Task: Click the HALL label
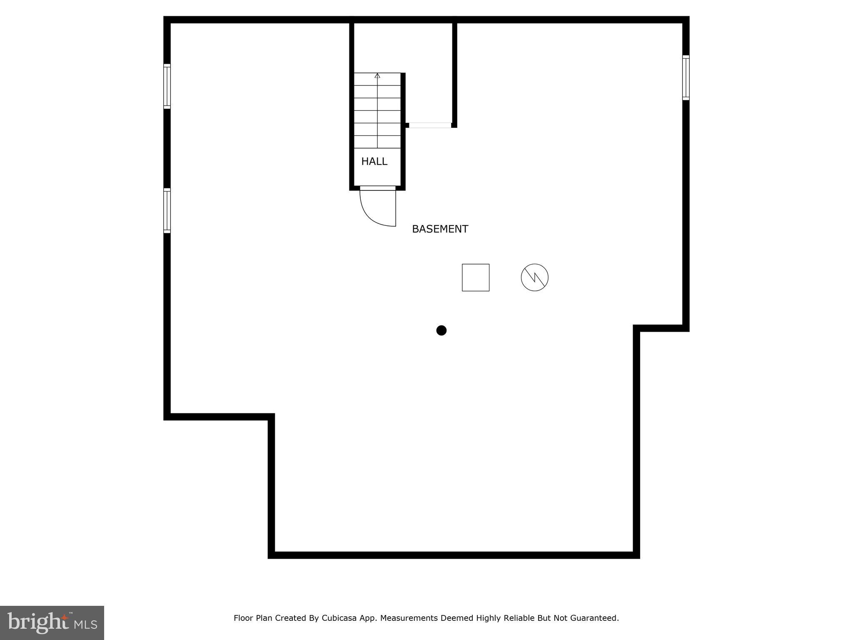374,162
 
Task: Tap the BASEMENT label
440,229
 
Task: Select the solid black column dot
441,330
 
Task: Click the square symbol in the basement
475,277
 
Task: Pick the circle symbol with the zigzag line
534,277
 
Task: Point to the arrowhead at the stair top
377,76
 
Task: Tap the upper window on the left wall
167,86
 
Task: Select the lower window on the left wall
167,210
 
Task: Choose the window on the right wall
686,78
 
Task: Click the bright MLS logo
52,622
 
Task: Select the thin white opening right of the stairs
430,125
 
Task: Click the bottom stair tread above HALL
377,142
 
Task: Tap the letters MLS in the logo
85,625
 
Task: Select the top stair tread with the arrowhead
377,80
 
